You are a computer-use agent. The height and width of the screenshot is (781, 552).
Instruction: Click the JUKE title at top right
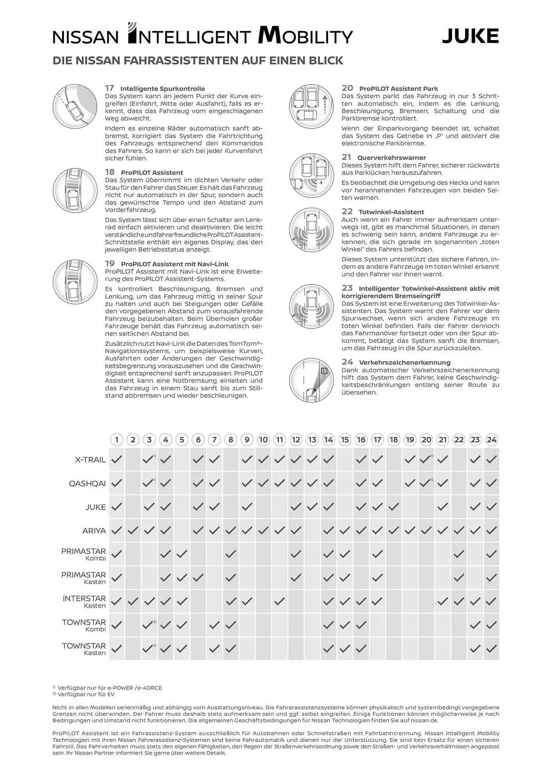point(470,36)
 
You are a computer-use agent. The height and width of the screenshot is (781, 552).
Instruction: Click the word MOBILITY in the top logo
point(305,36)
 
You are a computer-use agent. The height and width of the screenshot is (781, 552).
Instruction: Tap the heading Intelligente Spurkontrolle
point(162,89)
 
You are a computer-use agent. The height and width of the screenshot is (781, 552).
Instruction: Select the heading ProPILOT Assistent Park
point(398,89)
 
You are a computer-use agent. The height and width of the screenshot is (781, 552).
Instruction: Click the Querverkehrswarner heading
point(391,158)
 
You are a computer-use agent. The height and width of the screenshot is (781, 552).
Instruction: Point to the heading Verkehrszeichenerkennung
point(404,362)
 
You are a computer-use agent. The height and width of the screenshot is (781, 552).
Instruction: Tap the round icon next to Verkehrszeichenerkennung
point(312,380)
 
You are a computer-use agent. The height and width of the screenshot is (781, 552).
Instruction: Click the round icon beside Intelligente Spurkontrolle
point(75,106)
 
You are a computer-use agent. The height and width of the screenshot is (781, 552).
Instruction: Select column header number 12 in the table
point(296,440)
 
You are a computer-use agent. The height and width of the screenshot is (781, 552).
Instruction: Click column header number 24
point(491,440)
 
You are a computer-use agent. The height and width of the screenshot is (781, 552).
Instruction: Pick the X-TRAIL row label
point(90,460)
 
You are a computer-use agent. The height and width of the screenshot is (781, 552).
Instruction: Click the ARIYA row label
point(94,531)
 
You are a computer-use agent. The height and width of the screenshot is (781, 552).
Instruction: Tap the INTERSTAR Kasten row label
point(84,602)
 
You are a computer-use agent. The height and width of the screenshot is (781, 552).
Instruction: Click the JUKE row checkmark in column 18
point(394,507)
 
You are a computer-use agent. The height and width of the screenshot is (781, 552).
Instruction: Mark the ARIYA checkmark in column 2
point(133,530)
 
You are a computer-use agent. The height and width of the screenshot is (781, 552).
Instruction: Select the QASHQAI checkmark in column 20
point(425,483)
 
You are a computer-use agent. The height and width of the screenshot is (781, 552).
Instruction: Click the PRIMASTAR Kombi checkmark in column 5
point(182,554)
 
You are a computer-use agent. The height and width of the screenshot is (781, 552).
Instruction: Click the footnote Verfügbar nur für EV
point(86,694)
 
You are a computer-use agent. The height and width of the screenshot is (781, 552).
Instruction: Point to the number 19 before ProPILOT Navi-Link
point(110,264)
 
